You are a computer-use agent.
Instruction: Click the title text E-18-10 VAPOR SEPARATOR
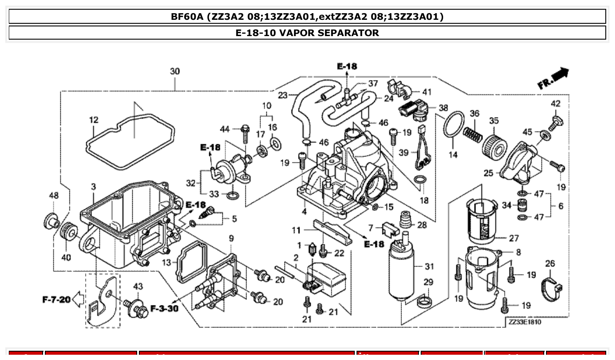pyautogui.click(x=307, y=33)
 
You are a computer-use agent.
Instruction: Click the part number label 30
pyautogui.click(x=175, y=71)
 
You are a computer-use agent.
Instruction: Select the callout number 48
pyautogui.click(x=53, y=195)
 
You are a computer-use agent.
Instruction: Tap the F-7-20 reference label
pyautogui.click(x=56, y=300)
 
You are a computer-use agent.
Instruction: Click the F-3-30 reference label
pyautogui.click(x=164, y=308)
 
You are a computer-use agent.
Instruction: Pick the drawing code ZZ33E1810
pyautogui.click(x=524, y=322)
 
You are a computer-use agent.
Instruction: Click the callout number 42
pyautogui.click(x=556, y=104)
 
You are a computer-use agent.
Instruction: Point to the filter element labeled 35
pyautogui.click(x=495, y=146)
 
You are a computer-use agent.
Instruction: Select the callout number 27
pyautogui.click(x=513, y=239)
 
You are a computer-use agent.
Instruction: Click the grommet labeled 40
pyautogui.click(x=69, y=231)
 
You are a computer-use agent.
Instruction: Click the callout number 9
pyautogui.click(x=231, y=239)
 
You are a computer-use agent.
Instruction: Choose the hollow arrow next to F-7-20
pyautogui.click(x=78, y=300)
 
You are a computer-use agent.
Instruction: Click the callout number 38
pyautogui.click(x=443, y=108)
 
